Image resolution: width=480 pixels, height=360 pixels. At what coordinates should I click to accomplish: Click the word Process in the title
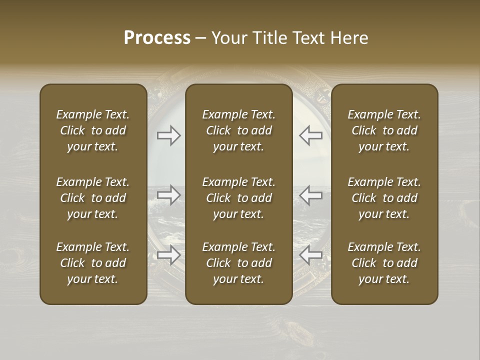pos(157,38)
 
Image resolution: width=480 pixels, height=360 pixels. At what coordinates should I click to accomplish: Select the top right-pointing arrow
pos(168,135)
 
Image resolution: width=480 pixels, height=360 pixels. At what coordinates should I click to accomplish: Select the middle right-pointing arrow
pos(168,194)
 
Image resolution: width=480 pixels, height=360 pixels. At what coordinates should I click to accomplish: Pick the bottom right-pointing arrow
pos(168,255)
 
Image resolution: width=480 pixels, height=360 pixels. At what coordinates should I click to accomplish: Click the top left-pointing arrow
pos(310,135)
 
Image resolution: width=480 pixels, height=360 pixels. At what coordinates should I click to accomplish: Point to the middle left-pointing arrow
pos(310,194)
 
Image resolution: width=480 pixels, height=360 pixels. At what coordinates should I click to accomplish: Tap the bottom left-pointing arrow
pos(310,255)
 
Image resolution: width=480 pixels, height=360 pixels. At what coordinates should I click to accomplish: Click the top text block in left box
pos(93,130)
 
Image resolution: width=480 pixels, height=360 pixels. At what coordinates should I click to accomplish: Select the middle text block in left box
pos(93,198)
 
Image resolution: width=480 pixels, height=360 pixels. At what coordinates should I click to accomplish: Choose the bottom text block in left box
pos(93,263)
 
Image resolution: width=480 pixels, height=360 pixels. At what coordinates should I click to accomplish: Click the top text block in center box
pos(238,130)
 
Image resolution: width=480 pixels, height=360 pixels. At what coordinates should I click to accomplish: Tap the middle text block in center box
pos(238,198)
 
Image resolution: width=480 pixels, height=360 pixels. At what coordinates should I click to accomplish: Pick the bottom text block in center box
pos(238,263)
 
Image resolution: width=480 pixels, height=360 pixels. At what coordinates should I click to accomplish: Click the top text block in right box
pos(384,130)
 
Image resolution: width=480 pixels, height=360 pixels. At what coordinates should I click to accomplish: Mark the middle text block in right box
pos(384,198)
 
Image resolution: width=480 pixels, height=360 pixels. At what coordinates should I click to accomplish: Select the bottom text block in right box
pos(384,263)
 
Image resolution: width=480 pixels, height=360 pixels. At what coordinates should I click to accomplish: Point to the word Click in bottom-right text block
pos(364,263)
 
